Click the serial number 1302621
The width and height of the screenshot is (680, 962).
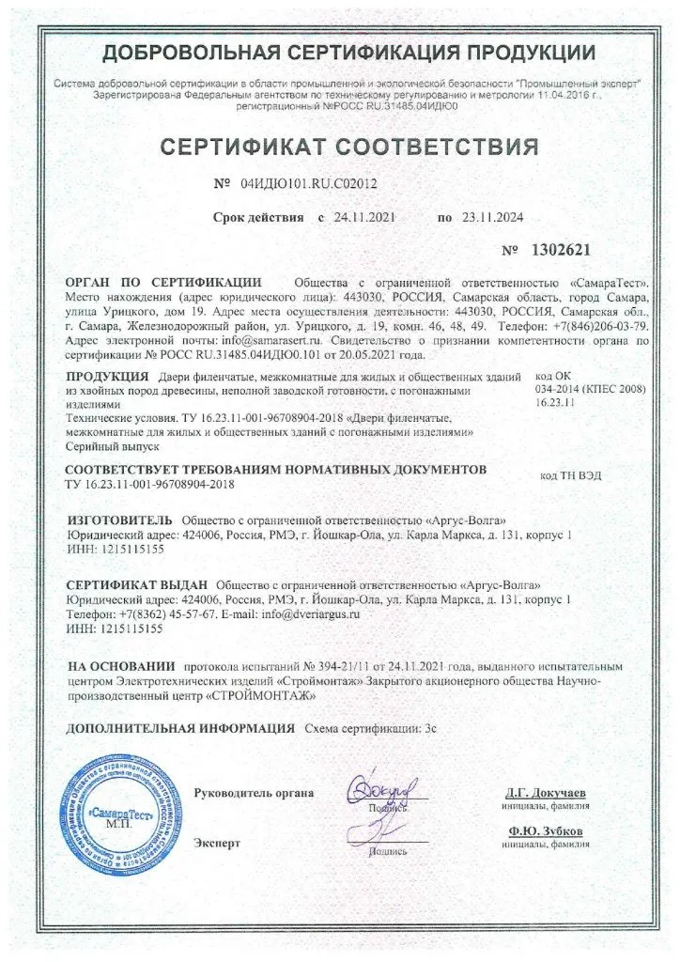562,252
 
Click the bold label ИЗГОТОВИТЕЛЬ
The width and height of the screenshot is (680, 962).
120,520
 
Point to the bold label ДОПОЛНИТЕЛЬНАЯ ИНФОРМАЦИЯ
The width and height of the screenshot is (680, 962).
180,728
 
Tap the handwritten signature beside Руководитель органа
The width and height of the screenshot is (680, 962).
376,790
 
